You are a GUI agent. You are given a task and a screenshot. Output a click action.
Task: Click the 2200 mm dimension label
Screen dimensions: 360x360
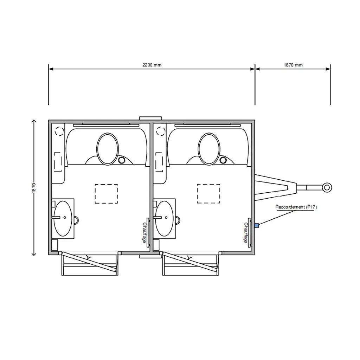click(x=152, y=65)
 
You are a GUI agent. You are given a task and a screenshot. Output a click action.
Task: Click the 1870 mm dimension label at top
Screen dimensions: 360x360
click(x=293, y=65)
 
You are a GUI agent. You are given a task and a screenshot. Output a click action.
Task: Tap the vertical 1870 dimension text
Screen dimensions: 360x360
click(x=34, y=188)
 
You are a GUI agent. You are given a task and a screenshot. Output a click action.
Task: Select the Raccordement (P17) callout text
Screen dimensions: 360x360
click(x=296, y=207)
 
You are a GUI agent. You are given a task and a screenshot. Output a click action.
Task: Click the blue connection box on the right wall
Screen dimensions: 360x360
click(x=257, y=225)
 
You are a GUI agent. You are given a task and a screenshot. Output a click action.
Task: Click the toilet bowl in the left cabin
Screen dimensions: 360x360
click(x=108, y=149)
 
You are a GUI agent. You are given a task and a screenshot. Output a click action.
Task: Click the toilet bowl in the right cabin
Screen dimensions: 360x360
click(x=209, y=149)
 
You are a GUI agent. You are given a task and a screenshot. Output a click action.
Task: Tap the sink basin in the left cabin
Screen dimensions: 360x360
click(x=63, y=218)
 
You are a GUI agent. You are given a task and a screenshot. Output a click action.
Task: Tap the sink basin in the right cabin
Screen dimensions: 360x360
click(x=164, y=218)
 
